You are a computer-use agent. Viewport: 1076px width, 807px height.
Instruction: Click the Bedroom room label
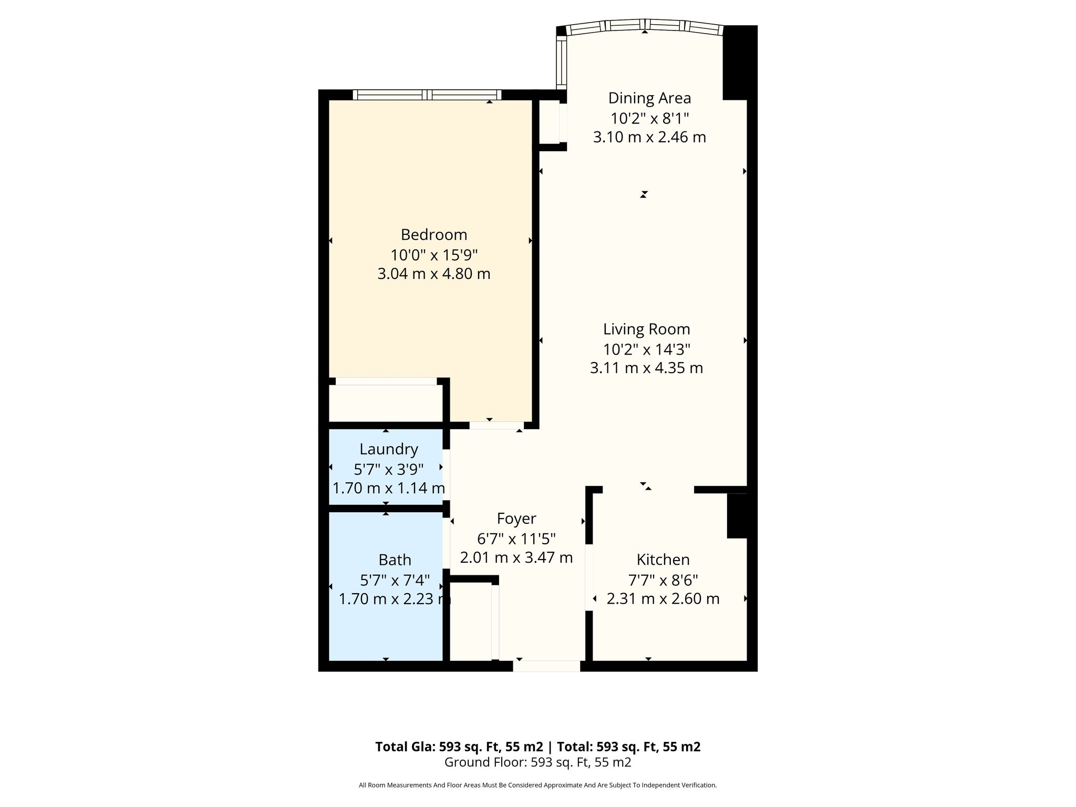(x=434, y=234)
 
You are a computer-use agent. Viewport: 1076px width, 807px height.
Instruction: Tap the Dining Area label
(x=649, y=98)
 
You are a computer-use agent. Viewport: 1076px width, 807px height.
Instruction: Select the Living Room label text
(x=647, y=329)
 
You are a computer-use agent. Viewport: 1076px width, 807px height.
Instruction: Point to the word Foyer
(x=516, y=519)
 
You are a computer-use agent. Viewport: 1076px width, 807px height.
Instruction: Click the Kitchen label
(x=663, y=560)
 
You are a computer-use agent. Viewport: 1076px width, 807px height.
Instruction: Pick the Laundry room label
(x=389, y=449)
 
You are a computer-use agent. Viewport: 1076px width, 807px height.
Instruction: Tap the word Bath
(x=395, y=560)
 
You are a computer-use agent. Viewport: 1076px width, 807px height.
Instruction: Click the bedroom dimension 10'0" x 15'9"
(x=434, y=255)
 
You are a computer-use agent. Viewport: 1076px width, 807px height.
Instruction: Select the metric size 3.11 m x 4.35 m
(x=647, y=368)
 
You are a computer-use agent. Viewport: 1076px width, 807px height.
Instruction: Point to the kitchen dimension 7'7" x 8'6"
(x=663, y=580)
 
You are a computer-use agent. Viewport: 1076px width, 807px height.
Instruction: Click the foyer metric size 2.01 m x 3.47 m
(x=516, y=557)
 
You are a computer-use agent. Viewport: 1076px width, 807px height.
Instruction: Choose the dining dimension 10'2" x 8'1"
(x=649, y=118)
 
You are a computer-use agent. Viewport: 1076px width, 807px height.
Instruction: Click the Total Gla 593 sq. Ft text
(x=459, y=747)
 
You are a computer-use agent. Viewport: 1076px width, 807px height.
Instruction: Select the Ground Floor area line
(x=538, y=762)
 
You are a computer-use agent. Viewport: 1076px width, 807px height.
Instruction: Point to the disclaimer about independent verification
(x=538, y=785)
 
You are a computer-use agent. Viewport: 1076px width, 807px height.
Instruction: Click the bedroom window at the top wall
(x=427, y=95)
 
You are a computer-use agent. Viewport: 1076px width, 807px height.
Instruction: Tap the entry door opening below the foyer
(x=546, y=666)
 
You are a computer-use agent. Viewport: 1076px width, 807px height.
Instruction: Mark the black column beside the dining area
(x=740, y=63)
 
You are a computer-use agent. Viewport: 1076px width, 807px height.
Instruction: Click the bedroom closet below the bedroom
(x=386, y=403)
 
